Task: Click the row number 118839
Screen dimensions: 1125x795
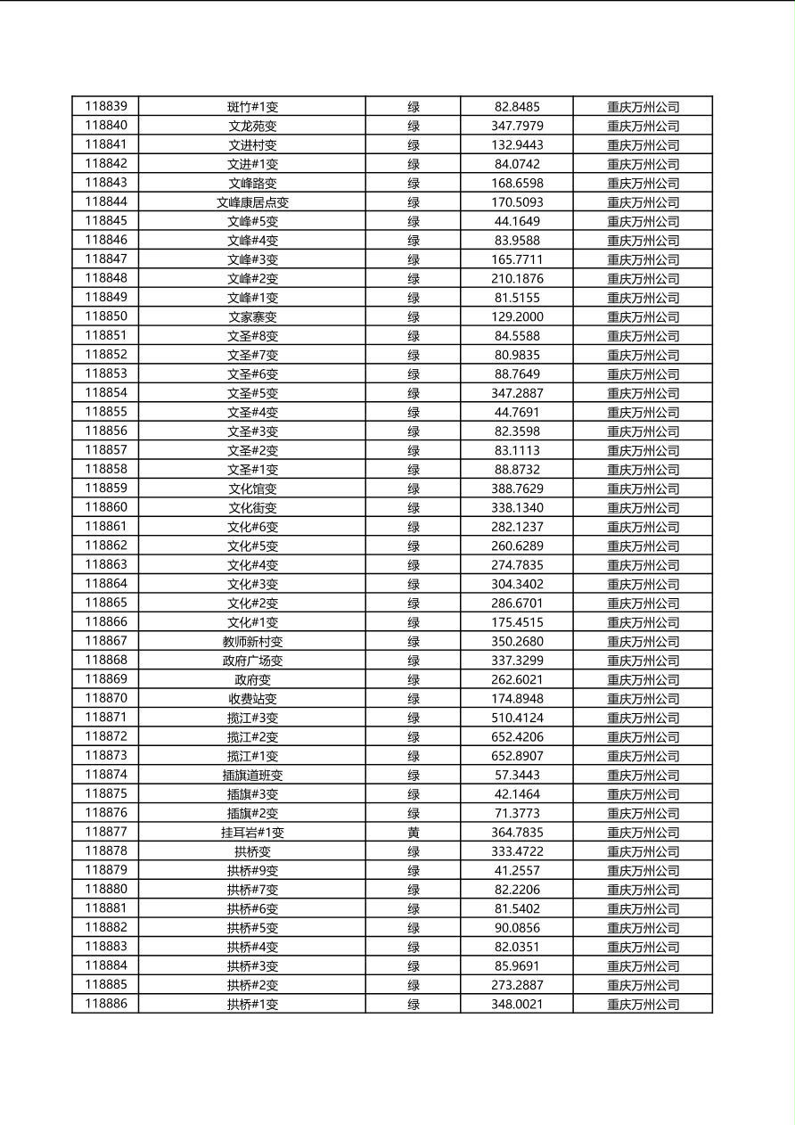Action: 106,106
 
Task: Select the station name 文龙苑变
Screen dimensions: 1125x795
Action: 252,126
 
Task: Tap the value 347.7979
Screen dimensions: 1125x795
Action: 517,126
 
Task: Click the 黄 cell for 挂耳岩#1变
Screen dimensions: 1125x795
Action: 414,832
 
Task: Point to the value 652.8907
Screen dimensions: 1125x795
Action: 517,756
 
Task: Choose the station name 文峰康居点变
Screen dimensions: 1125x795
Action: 252,202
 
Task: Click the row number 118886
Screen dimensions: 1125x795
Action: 106,1004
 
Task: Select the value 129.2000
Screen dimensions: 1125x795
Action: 517,316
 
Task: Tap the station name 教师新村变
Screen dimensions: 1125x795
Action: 252,641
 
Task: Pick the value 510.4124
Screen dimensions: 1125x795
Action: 517,718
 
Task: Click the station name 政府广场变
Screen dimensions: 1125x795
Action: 252,661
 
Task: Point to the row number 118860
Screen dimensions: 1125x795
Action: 106,507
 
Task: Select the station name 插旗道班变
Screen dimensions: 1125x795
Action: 252,775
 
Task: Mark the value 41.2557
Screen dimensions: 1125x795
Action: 517,870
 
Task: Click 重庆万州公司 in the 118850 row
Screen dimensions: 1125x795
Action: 643,316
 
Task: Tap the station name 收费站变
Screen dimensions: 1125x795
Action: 252,698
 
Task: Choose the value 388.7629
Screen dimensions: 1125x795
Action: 517,489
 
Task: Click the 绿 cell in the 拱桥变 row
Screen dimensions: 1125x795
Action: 414,851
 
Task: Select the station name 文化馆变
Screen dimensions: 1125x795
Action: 252,489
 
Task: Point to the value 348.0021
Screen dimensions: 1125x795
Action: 517,1004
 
